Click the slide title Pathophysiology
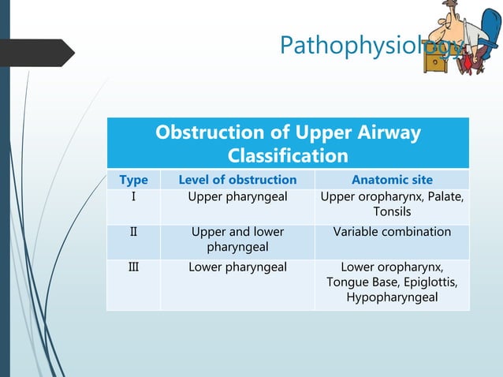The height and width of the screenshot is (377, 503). click(363, 47)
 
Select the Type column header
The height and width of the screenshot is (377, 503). click(133, 180)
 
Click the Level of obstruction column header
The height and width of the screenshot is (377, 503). click(237, 180)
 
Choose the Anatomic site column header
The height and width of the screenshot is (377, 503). click(392, 180)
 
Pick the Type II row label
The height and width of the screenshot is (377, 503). click(133, 232)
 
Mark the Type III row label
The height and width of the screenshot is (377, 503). click(133, 267)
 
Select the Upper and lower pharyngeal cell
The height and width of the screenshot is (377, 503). click(237, 240)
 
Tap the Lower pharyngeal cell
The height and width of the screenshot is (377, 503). click(237, 267)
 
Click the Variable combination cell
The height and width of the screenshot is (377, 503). click(392, 232)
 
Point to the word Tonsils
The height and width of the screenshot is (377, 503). click(392, 212)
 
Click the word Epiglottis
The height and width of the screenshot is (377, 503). click(430, 282)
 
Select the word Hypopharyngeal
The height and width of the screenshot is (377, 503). click(392, 298)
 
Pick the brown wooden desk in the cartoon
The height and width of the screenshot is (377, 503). click(435, 59)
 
